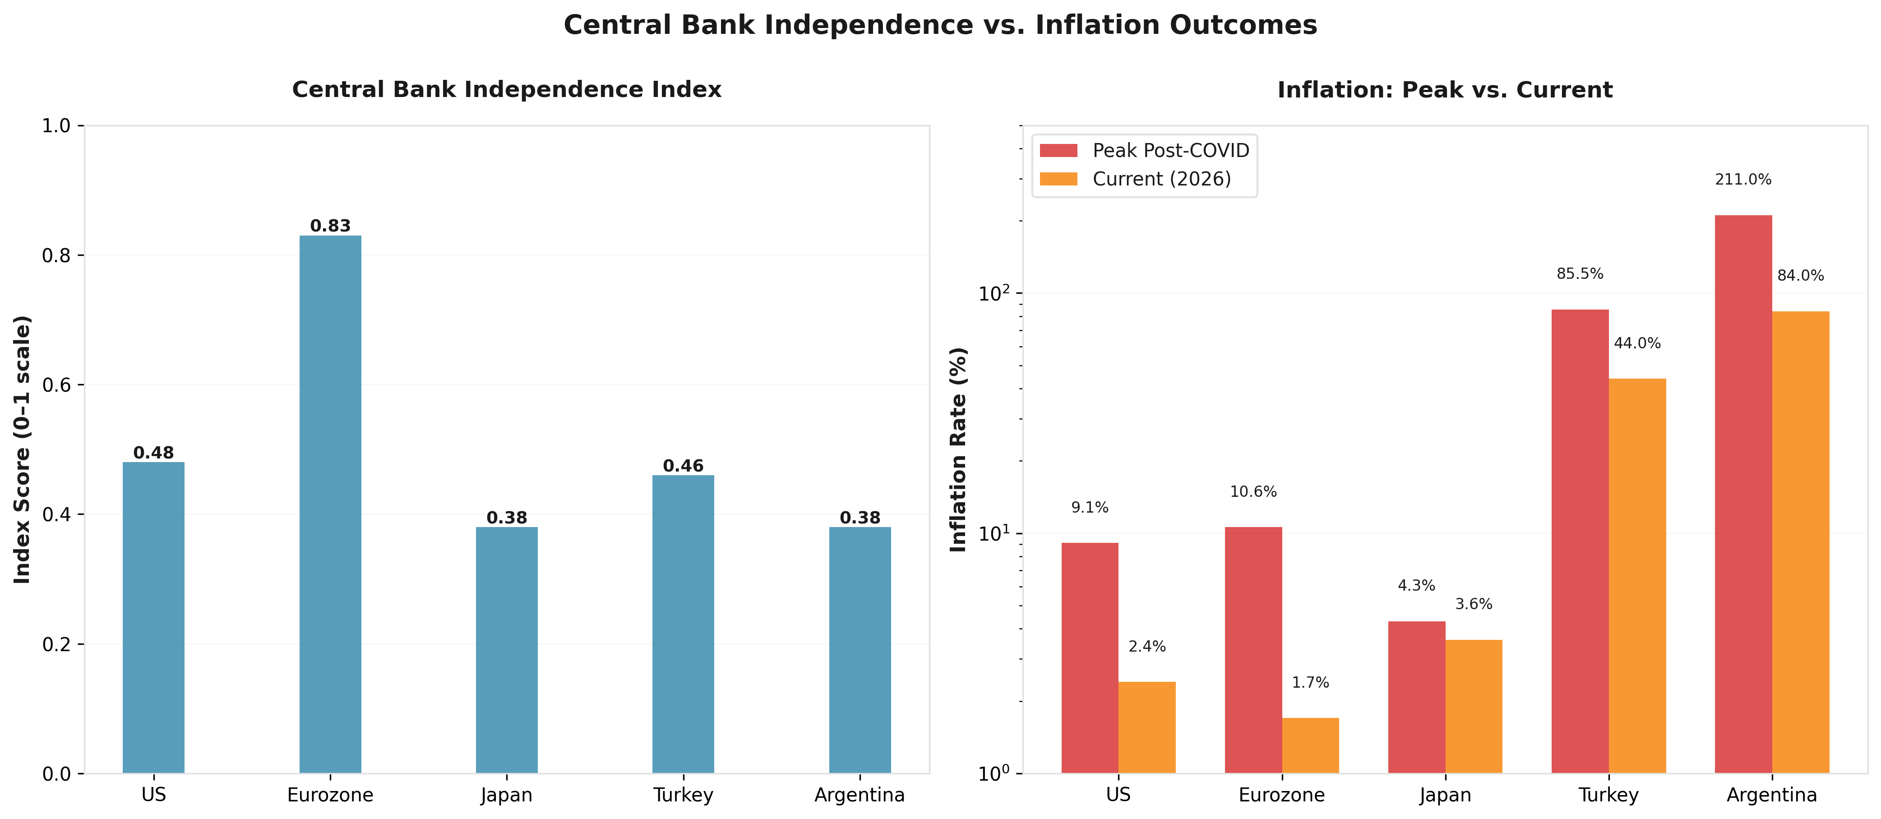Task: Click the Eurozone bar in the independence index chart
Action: [x=330, y=504]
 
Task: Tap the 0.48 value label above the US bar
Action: [x=153, y=453]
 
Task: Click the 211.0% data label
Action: [x=1742, y=180]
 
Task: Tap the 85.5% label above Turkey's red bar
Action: [x=1580, y=274]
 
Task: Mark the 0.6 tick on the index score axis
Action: [x=56, y=385]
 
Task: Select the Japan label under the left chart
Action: [x=506, y=795]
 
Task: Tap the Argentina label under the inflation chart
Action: [x=1771, y=795]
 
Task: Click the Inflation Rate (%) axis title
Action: [x=958, y=449]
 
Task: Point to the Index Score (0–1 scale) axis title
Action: [x=23, y=449]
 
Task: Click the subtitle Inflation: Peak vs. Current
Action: [x=1444, y=90]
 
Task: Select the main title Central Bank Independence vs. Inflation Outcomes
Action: [x=940, y=26]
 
